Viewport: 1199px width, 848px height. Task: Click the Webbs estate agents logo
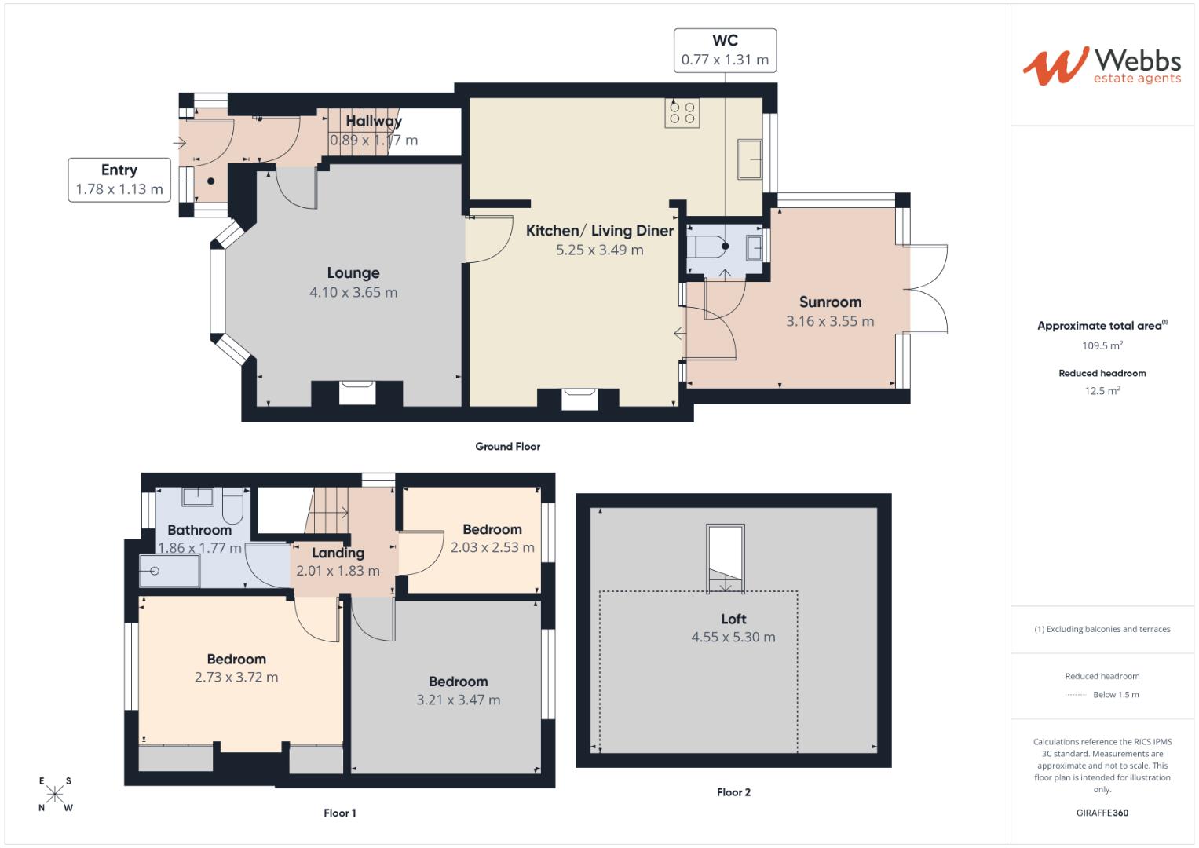[1101, 66]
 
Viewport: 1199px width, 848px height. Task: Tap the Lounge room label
[353, 273]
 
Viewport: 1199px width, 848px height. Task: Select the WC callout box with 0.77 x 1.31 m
[725, 50]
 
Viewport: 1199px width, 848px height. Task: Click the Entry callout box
[119, 180]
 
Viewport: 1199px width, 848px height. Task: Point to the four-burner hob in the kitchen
[681, 112]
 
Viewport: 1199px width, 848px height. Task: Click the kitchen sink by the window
[749, 159]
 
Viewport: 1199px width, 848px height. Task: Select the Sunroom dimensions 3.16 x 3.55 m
[830, 321]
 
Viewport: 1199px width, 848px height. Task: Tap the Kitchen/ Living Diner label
[599, 231]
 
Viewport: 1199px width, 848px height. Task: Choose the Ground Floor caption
[507, 446]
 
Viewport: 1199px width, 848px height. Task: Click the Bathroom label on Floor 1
[199, 530]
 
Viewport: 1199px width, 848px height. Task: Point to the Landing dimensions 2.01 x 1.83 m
[338, 571]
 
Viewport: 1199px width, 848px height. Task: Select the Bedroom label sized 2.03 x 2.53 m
[492, 529]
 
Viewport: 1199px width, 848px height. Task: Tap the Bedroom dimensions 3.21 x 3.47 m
[458, 700]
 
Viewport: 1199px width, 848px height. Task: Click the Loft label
[733, 619]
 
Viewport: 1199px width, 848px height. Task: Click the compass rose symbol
[55, 794]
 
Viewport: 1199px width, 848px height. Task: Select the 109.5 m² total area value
[1102, 345]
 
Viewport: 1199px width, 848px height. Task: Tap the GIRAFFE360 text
[1102, 813]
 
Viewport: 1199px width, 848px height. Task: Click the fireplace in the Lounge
[356, 393]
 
